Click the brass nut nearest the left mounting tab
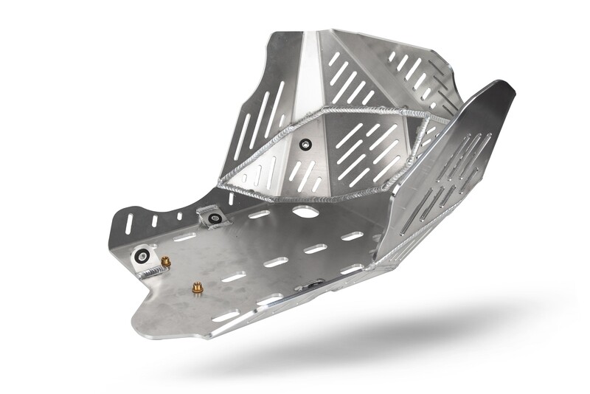click(x=166, y=261)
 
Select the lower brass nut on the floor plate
click(x=197, y=288)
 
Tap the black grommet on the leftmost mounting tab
click(x=142, y=255)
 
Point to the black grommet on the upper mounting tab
click(x=215, y=218)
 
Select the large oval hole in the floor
click(x=305, y=212)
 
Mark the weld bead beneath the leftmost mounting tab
click(x=151, y=273)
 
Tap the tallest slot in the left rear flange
click(x=130, y=224)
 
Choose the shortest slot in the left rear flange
click(x=179, y=216)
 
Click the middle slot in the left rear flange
click(x=155, y=221)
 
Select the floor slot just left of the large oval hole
click(x=259, y=215)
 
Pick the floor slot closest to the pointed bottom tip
click(x=226, y=317)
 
